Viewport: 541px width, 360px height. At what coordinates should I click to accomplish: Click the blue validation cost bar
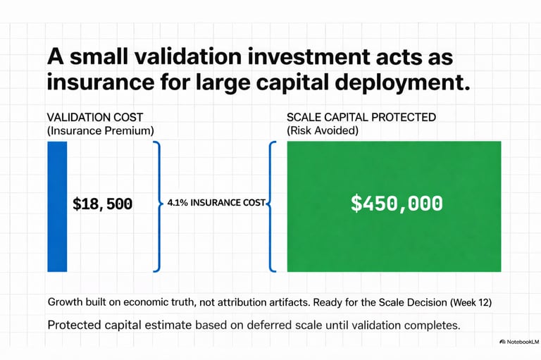click(x=57, y=206)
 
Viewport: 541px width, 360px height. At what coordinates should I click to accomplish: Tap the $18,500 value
click(x=103, y=204)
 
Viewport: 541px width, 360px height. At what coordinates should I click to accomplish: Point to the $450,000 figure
click(x=397, y=204)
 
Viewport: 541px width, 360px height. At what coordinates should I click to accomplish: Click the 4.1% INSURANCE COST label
click(x=216, y=203)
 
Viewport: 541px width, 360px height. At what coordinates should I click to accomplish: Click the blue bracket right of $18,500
click(x=157, y=206)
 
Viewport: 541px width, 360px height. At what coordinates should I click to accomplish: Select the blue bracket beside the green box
click(x=272, y=206)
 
